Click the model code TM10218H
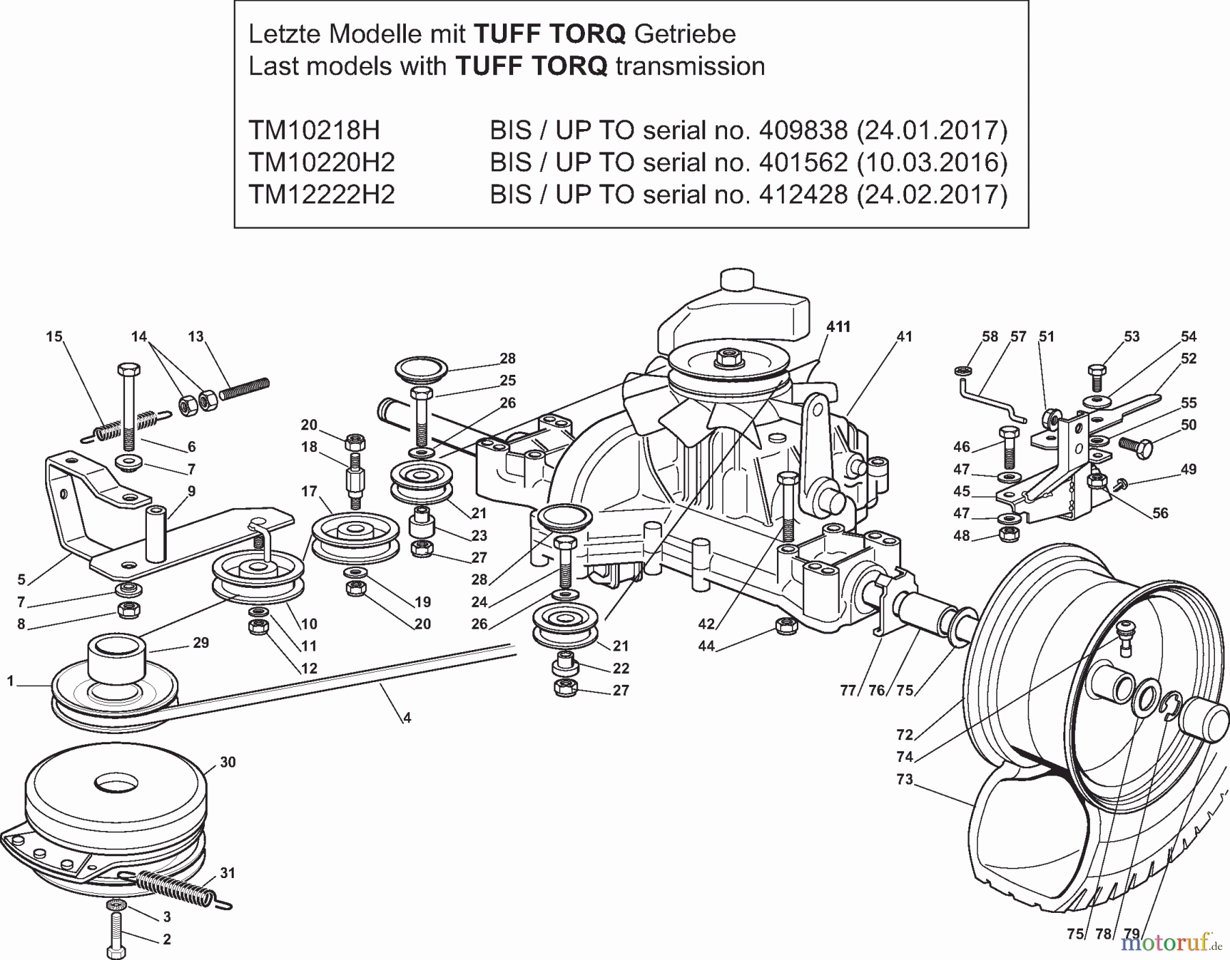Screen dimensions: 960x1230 pyautogui.click(x=314, y=130)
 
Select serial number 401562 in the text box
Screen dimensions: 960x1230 pyautogui.click(x=803, y=163)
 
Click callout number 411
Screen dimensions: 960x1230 pyautogui.click(x=838, y=327)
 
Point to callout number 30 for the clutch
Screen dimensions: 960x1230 pyautogui.click(x=228, y=762)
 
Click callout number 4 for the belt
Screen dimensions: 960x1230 pyautogui.click(x=407, y=718)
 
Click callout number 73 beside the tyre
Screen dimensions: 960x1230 pyautogui.click(x=904, y=779)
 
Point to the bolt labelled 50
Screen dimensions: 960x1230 pyautogui.click(x=1136, y=447)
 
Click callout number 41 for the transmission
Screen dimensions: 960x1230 pyautogui.click(x=904, y=337)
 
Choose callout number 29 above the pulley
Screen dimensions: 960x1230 pyautogui.click(x=201, y=643)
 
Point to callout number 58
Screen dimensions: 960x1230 pyautogui.click(x=989, y=337)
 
